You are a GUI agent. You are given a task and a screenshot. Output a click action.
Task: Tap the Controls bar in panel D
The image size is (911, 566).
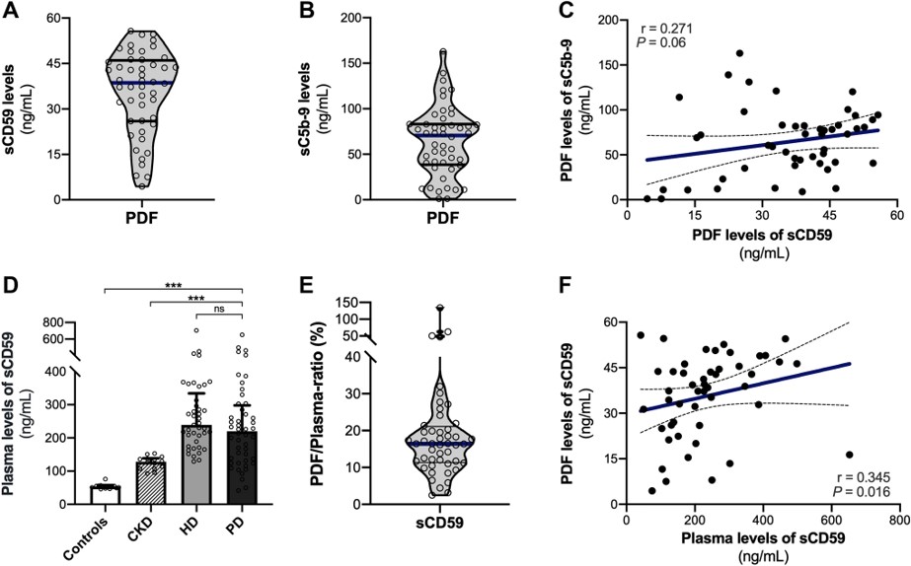point(106,494)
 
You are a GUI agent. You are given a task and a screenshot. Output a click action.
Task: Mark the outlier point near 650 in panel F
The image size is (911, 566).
point(849,455)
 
